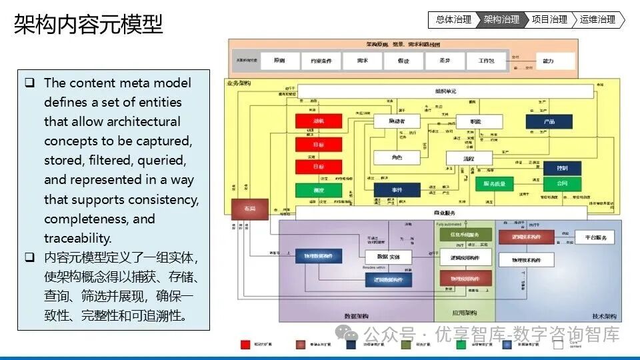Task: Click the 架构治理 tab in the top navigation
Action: coord(502,20)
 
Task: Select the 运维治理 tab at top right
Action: coord(598,20)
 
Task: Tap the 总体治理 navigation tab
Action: coord(453,20)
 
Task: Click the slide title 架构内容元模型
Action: coord(88,25)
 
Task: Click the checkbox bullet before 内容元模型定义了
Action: coord(30,257)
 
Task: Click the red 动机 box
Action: coord(319,121)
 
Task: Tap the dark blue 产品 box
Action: coord(549,121)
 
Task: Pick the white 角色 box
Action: coord(396,157)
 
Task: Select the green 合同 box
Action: coord(562,183)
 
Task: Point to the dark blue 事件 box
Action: coord(397,190)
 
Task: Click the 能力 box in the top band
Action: coord(548,61)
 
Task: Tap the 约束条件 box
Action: coord(317,61)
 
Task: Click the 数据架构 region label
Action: coord(357,315)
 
